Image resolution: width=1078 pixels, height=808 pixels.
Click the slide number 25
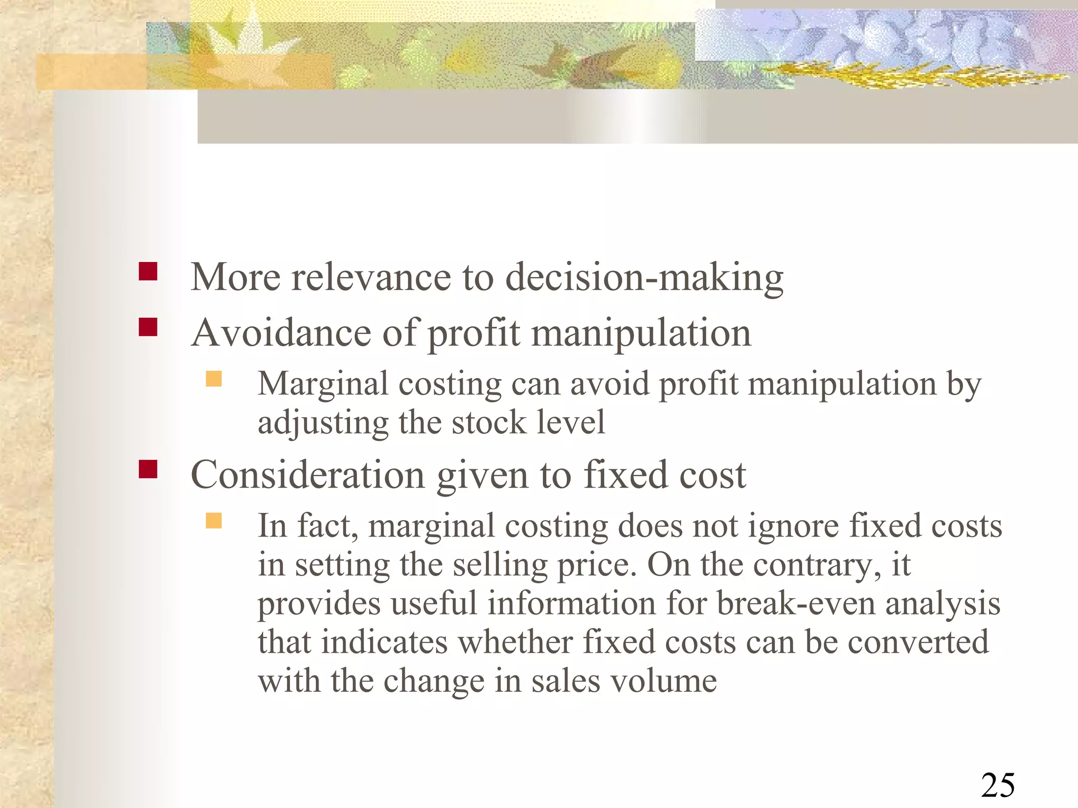(997, 786)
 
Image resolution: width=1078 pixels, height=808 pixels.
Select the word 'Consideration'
(307, 475)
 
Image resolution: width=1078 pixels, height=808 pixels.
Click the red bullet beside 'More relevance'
(148, 271)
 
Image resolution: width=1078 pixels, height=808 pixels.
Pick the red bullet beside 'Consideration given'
(148, 469)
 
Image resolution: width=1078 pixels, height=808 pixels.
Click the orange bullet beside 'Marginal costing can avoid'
(214, 379)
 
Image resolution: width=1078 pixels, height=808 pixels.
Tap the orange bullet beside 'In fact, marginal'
(214, 521)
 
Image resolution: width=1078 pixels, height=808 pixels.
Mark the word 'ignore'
(793, 527)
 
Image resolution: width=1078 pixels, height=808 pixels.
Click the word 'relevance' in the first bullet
(371, 278)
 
